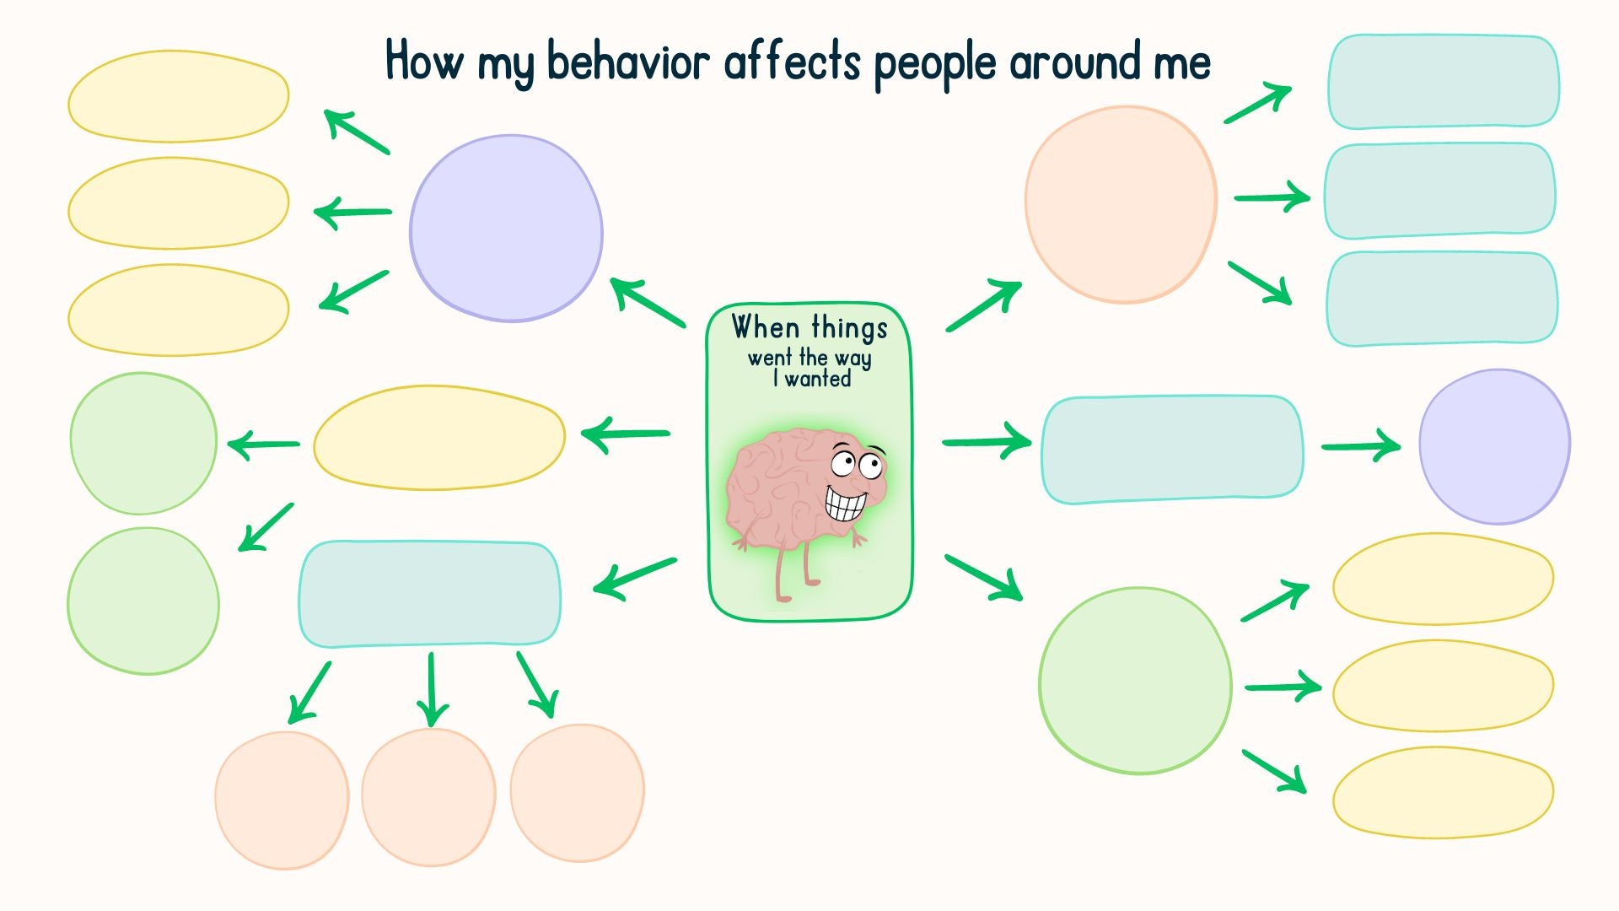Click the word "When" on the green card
pyautogui.click(x=765, y=326)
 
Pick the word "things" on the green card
pyautogui.click(x=849, y=329)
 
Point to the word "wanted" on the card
pyautogui.click(x=817, y=379)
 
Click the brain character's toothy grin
pyautogui.click(x=845, y=504)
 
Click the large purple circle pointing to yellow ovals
pyautogui.click(x=506, y=229)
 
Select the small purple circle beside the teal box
pyautogui.click(x=1494, y=446)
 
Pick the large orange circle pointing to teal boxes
pyautogui.click(x=1121, y=203)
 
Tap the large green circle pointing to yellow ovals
pyautogui.click(x=1135, y=680)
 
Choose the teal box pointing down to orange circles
pyautogui.click(x=429, y=594)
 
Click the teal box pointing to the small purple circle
pyautogui.click(x=1172, y=449)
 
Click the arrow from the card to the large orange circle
pyautogui.click(x=983, y=306)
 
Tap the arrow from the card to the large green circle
pyautogui.click(x=983, y=578)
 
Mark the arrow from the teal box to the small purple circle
pyautogui.click(x=1360, y=446)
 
